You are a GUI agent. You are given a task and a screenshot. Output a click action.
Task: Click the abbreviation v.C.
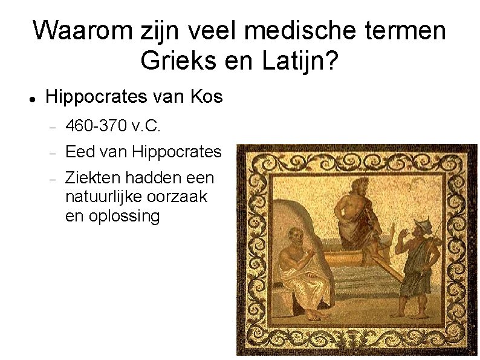click(145, 126)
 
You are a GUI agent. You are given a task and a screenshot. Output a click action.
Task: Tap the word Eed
click(78, 151)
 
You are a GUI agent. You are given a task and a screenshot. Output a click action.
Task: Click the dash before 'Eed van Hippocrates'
click(53, 152)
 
